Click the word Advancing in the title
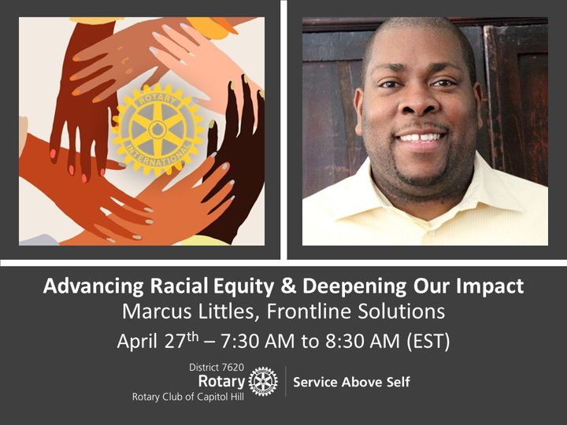tap(93, 286)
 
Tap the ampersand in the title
tap(288, 286)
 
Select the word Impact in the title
tap(490, 286)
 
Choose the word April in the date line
tap(137, 341)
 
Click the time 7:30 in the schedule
tap(239, 341)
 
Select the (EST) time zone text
tap(428, 342)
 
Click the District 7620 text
tap(217, 368)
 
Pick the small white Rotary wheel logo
tap(263, 381)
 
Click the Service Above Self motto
tap(351, 382)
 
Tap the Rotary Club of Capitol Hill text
tap(188, 397)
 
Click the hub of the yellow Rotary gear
tap(157, 130)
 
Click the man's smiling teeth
tap(421, 138)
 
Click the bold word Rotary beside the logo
tap(221, 381)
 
